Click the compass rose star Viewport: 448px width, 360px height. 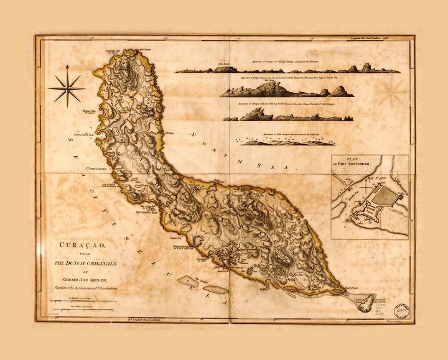(67, 88)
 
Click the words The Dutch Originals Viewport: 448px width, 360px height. (81, 263)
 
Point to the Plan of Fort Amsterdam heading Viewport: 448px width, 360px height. (355, 163)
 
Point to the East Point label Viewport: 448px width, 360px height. (353, 288)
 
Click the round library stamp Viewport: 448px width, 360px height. (401, 308)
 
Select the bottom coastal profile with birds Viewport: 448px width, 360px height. (280, 141)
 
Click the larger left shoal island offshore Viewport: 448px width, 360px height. (188, 281)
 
